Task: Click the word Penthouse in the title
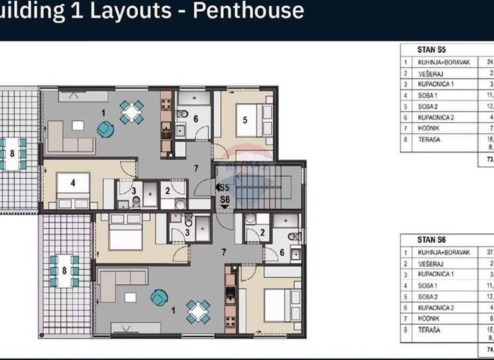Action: click(251, 11)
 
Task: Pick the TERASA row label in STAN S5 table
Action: click(428, 139)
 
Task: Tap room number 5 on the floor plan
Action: click(245, 119)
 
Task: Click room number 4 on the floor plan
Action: click(73, 183)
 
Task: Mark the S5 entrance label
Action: click(224, 188)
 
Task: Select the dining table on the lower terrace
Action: click(64, 271)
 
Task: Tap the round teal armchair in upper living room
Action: click(103, 130)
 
